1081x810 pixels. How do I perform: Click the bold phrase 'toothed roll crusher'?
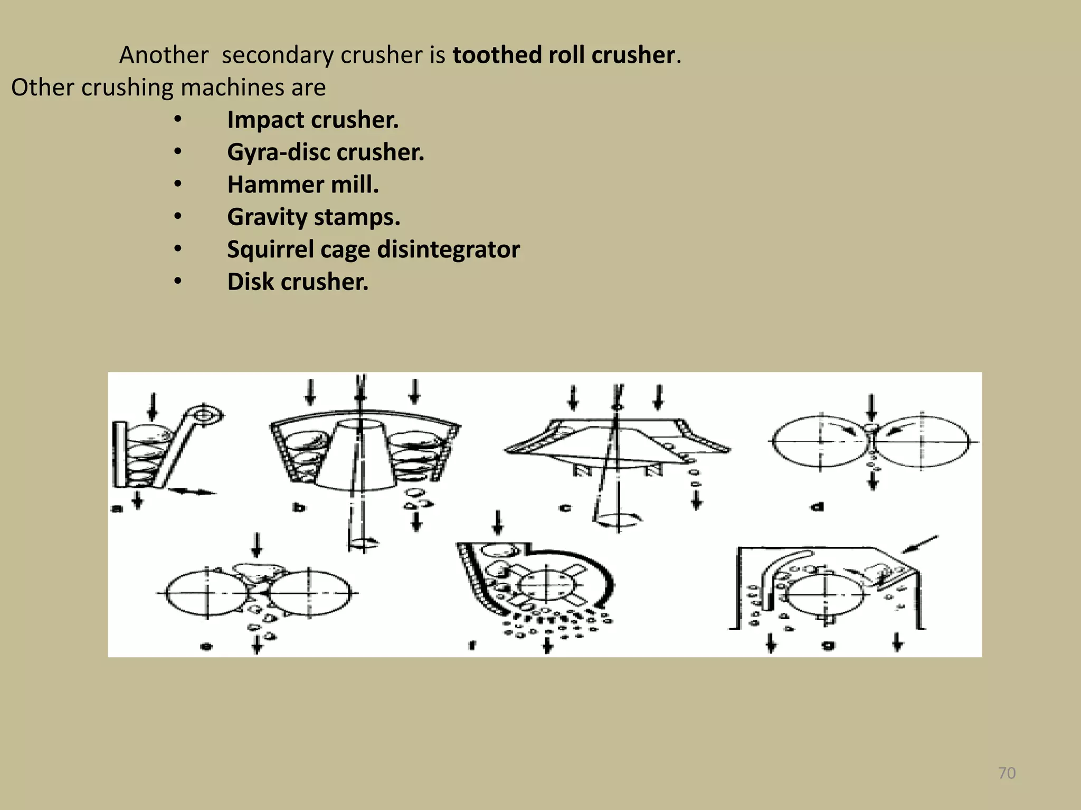coord(563,55)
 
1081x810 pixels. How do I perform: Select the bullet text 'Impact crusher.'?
coord(312,120)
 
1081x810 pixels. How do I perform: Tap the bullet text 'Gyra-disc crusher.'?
coord(325,152)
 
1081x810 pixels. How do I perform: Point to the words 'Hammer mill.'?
coord(303,185)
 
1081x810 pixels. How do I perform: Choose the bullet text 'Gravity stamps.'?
coord(314,217)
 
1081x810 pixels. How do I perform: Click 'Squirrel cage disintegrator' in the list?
coord(373,249)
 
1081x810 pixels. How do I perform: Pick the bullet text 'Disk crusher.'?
coord(298,282)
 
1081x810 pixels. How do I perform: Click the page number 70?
coord(1007,773)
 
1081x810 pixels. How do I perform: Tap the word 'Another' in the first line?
coord(164,55)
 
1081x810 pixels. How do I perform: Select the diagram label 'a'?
coord(117,508)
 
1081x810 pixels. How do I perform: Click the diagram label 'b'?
coord(299,507)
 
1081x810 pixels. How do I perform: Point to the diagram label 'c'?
coord(565,508)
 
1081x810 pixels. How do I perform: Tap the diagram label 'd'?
coord(817,507)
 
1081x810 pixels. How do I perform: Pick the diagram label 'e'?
coord(207,645)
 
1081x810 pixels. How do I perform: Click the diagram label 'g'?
coord(828,644)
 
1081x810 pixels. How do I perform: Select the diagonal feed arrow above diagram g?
coord(919,545)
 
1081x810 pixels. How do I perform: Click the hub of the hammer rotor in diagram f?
coord(546,584)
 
